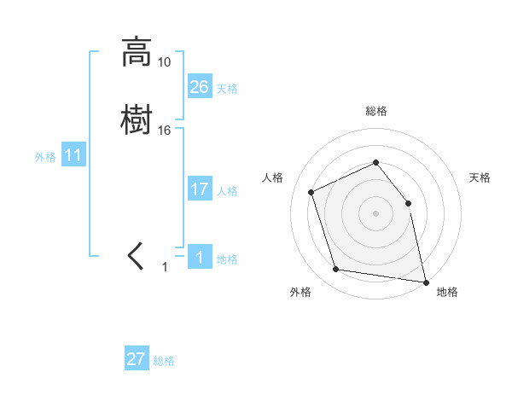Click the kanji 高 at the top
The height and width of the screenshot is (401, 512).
[137, 52]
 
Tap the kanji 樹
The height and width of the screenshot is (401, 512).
[137, 119]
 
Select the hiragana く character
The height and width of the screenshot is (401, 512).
[136, 256]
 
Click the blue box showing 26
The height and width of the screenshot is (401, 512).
[200, 86]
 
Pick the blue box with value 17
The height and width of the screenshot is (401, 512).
[200, 189]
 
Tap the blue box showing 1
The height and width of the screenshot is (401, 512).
[200, 257]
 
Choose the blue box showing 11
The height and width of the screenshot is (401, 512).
[73, 155]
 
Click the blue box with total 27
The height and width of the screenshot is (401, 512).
[137, 359]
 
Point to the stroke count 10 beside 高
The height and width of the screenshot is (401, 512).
[164, 62]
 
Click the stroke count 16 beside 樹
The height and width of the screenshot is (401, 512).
[164, 130]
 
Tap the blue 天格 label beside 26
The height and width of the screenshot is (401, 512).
[227, 89]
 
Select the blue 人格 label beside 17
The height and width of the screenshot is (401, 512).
[227, 191]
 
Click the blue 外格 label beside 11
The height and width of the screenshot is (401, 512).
[45, 157]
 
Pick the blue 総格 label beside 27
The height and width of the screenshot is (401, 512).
[164, 361]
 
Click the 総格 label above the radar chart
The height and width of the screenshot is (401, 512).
[375, 111]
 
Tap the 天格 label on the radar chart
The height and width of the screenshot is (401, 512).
[480, 177]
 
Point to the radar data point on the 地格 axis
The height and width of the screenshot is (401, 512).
[424, 281]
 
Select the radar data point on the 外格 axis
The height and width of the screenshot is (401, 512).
[336, 270]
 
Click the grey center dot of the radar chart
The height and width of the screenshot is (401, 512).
[375, 213]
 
